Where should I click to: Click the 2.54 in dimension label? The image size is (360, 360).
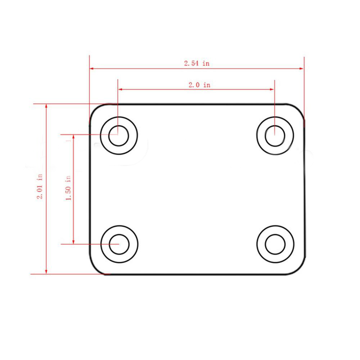197,63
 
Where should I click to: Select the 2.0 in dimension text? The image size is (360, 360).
199,85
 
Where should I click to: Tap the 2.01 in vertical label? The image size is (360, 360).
40,186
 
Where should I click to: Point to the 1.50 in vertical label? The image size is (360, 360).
68,188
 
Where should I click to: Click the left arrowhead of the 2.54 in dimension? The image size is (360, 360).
91,68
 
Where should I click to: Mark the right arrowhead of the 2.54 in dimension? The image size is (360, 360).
301,68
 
